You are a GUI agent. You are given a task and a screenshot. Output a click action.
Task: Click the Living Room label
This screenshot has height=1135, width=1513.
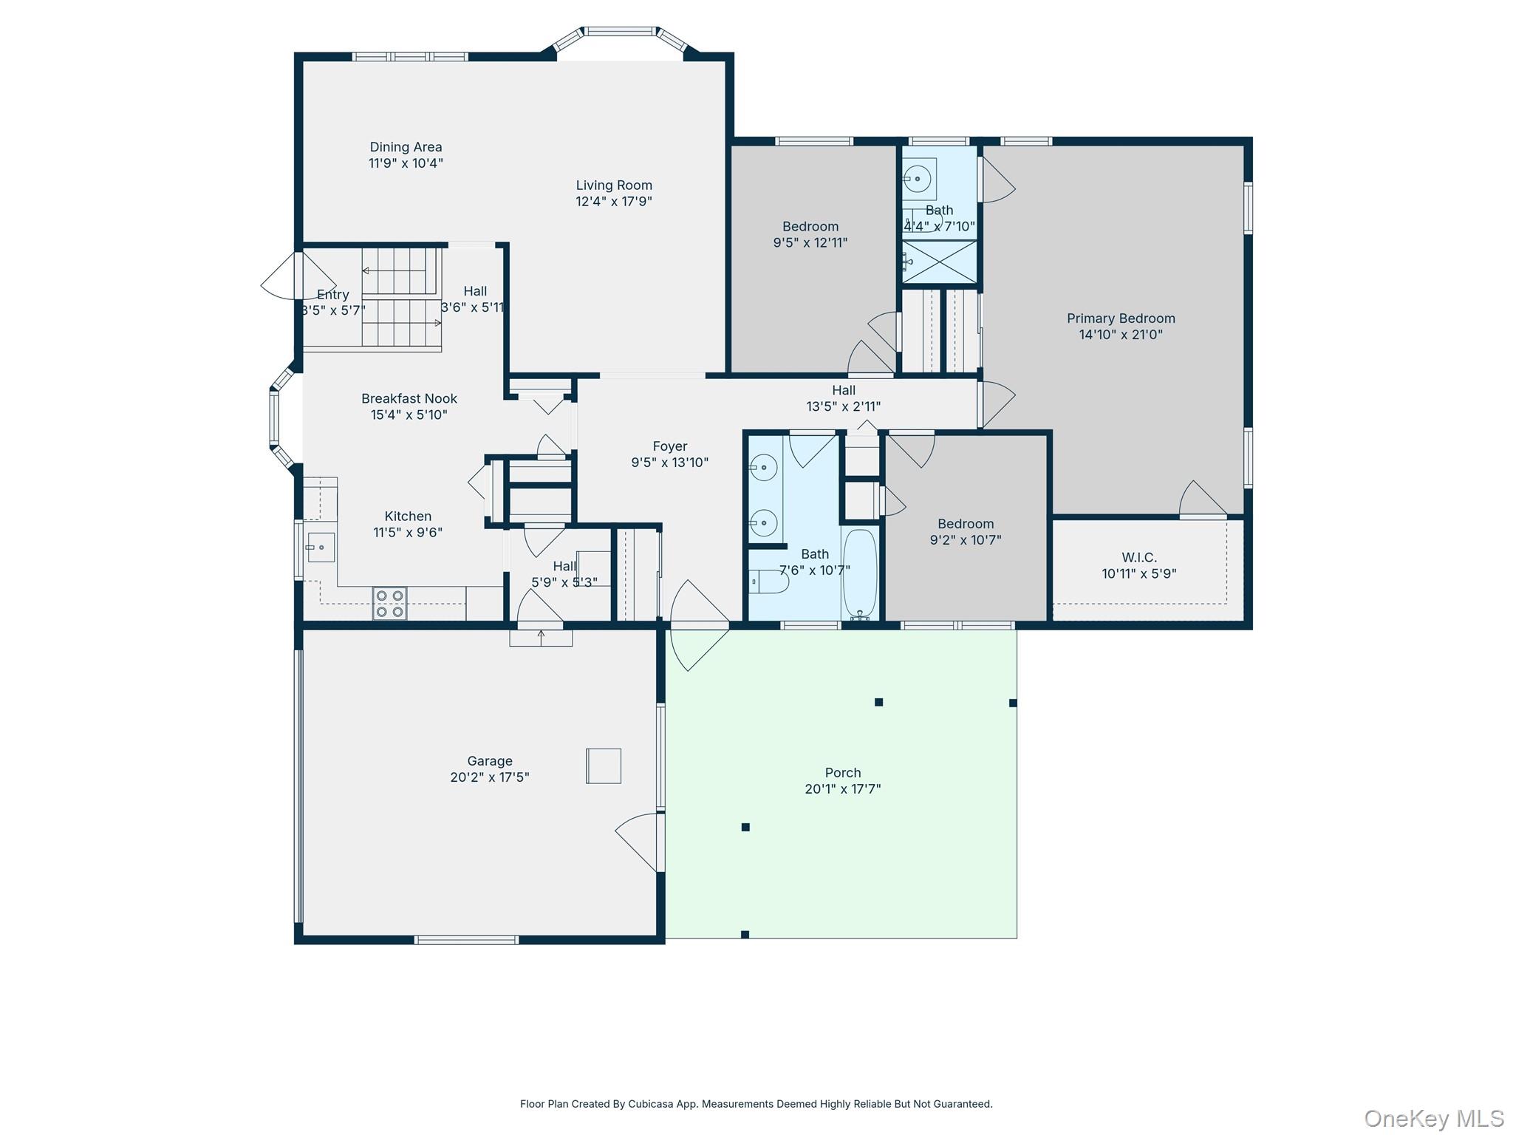tap(614, 185)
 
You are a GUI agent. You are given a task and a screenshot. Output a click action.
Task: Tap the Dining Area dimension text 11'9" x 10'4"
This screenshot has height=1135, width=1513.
tap(406, 163)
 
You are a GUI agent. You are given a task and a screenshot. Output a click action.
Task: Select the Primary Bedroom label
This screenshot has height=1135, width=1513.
tap(1120, 318)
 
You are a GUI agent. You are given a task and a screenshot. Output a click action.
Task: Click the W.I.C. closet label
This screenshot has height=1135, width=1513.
tap(1138, 557)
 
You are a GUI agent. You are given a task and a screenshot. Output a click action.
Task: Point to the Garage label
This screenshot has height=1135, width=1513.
tap(489, 761)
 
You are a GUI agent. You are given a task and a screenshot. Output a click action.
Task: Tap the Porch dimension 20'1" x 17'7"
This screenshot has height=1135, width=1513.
tap(842, 788)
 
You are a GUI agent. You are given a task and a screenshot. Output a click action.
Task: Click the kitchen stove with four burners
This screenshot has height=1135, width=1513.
tap(389, 603)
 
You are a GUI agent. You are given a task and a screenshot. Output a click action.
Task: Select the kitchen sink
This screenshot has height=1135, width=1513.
tap(321, 548)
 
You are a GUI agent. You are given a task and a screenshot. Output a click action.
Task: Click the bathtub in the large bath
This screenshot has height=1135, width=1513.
tap(859, 573)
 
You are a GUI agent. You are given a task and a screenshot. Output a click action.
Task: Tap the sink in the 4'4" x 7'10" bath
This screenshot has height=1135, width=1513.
tap(918, 179)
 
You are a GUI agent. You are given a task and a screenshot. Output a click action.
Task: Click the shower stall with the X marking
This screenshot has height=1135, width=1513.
tap(940, 262)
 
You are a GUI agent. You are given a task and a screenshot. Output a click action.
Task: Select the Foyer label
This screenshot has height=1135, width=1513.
tap(669, 446)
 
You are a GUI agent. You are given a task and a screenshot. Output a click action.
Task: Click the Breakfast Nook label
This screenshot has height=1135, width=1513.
tap(409, 399)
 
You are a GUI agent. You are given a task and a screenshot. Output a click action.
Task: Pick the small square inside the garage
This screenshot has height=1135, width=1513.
tap(604, 766)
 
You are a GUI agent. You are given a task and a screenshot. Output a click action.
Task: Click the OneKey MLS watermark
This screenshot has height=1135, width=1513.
tap(1433, 1119)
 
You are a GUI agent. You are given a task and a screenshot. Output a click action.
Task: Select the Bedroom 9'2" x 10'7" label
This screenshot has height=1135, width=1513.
tap(965, 524)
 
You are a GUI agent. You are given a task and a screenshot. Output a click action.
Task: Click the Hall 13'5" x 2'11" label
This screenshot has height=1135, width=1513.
tap(843, 390)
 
